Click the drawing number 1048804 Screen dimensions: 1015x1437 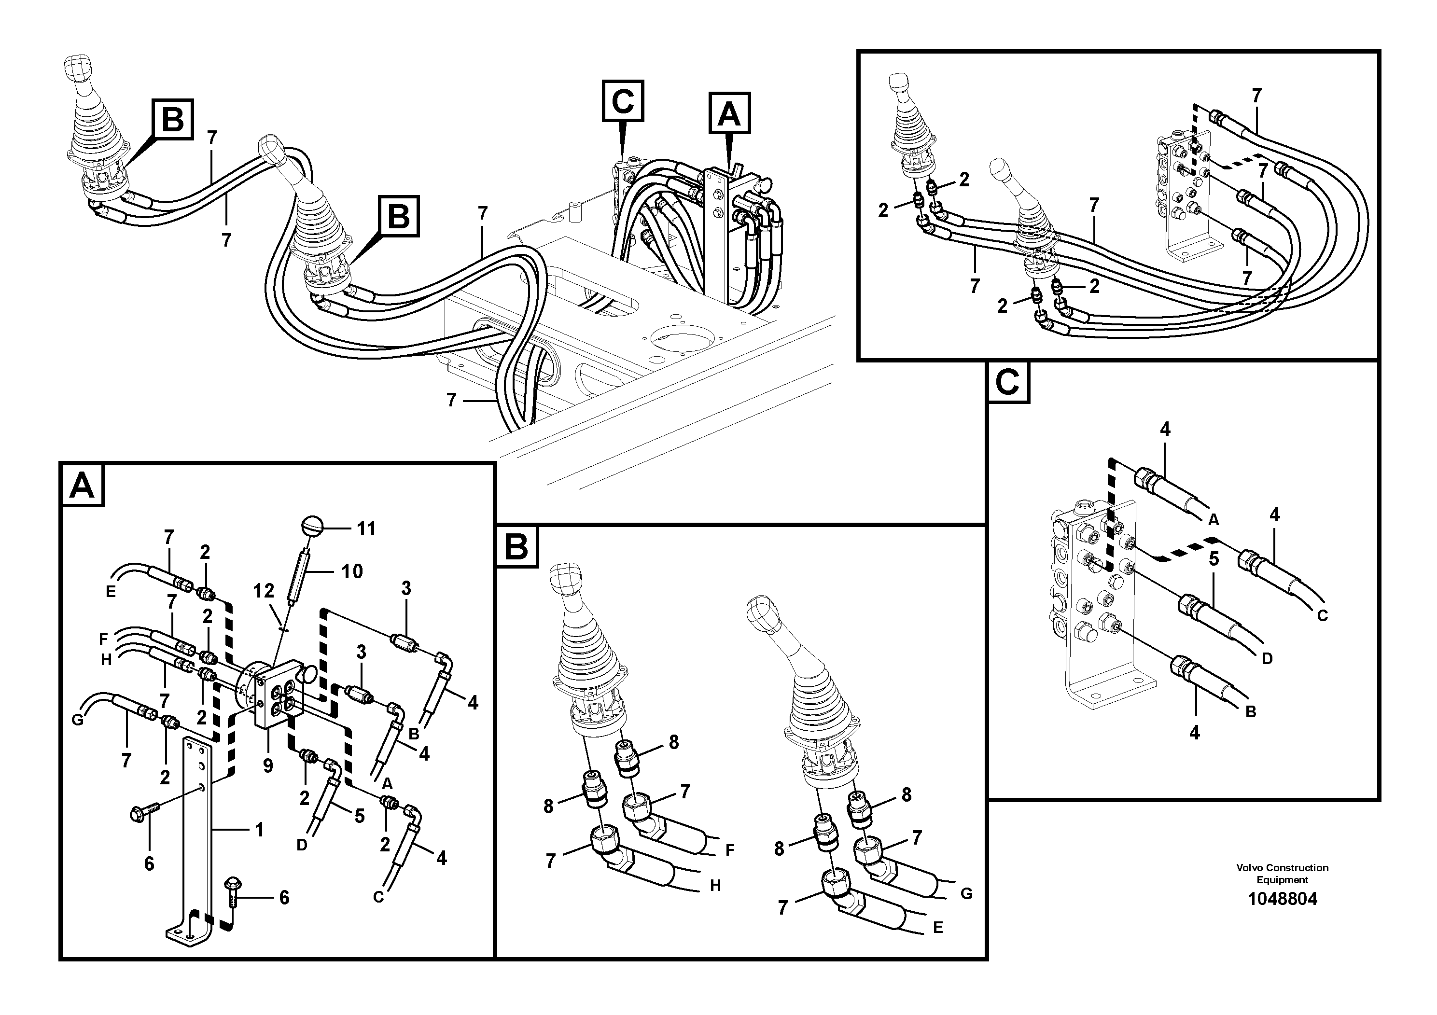click(1282, 899)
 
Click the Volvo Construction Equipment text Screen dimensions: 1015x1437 click(1282, 873)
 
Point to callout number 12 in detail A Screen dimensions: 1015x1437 click(264, 591)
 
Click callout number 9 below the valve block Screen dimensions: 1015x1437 click(268, 766)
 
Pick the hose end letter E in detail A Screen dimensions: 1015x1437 click(111, 591)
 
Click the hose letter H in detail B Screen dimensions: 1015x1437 click(715, 886)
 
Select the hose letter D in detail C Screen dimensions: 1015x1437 click(1268, 658)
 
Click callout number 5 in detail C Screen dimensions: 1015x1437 click(1214, 559)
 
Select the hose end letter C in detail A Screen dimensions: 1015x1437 click(378, 897)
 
